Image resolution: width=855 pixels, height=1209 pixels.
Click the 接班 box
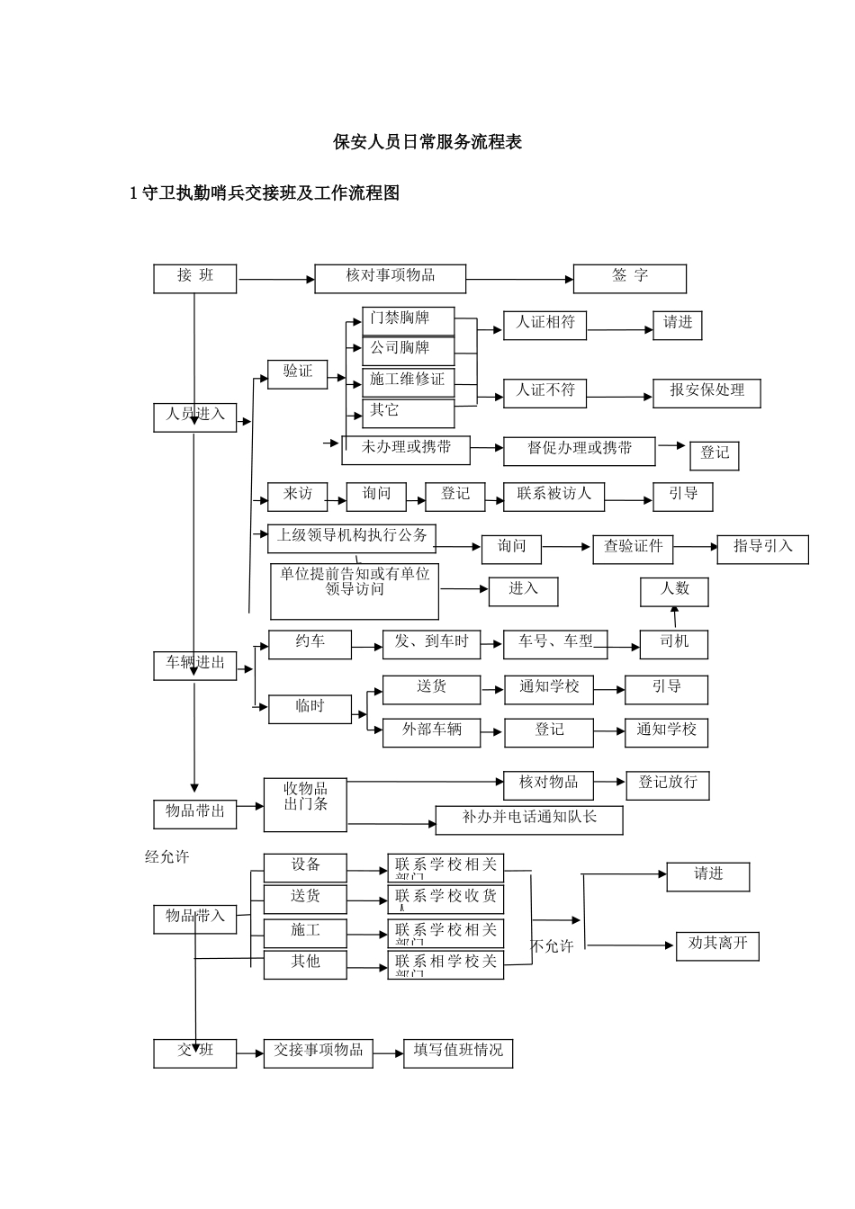coord(194,278)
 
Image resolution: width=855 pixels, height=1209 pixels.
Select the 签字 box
coord(630,278)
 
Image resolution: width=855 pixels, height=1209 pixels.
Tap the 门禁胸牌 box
coord(408,321)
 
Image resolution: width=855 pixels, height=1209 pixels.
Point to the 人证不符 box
coord(545,392)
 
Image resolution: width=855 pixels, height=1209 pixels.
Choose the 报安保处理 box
coord(707,393)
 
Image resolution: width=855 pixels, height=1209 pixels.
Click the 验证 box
coord(297,373)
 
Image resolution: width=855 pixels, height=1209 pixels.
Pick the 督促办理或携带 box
coord(580,451)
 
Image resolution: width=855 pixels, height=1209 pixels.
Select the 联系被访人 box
coord(554,497)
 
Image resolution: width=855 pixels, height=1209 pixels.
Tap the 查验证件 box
coord(633,549)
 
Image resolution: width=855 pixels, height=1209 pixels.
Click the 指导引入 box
coord(762,549)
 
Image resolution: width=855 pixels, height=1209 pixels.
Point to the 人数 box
coord(674,591)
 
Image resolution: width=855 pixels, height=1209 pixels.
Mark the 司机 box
coord(674,644)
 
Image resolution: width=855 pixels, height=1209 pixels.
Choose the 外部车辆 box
coord(432,732)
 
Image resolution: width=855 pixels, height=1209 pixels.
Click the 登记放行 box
coord(668,784)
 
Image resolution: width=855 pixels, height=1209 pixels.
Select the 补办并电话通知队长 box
coord(529,819)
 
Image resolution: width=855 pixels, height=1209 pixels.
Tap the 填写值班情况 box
coord(458,1053)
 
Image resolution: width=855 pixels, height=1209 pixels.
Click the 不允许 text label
coord(552,946)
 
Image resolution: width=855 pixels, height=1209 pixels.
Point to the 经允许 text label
coord(167,857)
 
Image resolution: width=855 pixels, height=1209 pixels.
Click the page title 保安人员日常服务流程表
coord(427,142)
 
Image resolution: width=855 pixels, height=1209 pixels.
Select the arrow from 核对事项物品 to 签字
coord(519,279)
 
